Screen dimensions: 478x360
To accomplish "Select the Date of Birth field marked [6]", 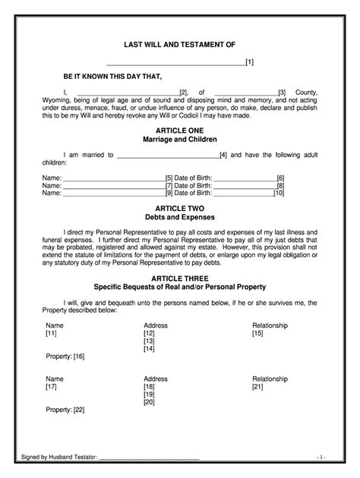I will coord(243,178).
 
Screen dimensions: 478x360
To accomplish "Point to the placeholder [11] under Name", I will coord(51,333).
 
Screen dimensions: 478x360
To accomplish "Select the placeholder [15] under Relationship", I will coord(257,333).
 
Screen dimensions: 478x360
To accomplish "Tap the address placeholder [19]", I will coord(149,395).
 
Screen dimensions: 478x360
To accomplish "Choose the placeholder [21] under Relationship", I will coord(257,386).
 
